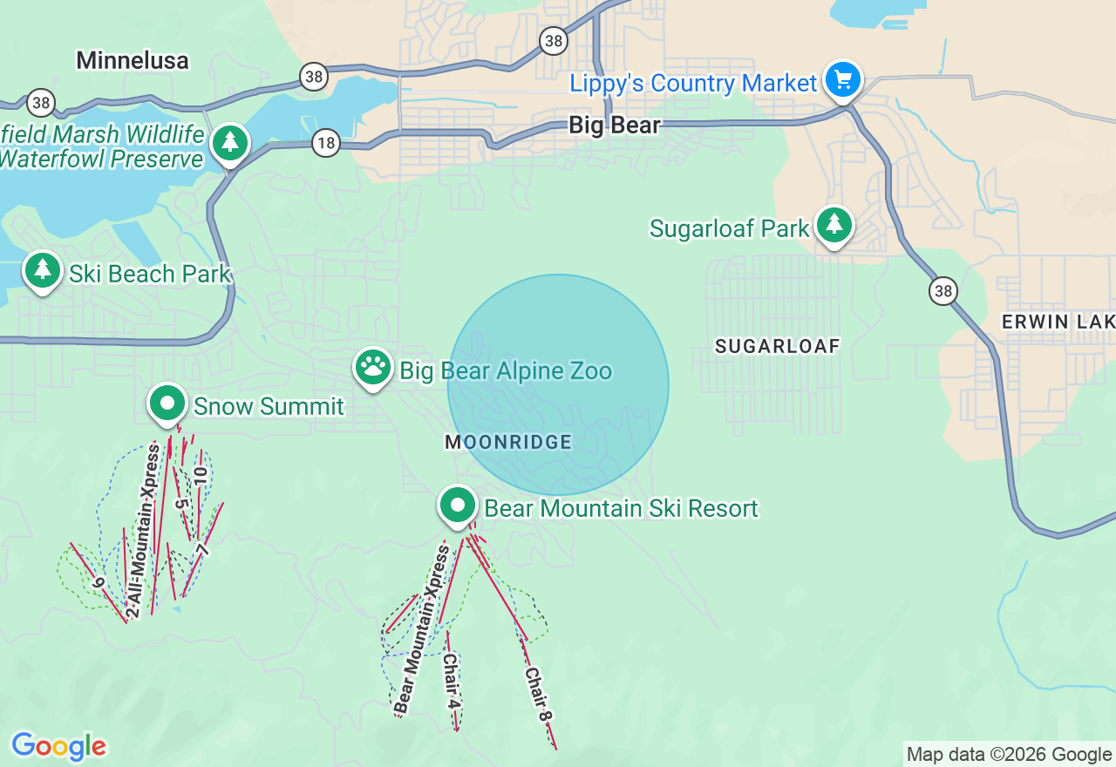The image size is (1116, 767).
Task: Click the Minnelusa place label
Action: tap(133, 60)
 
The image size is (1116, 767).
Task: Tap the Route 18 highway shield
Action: tap(325, 144)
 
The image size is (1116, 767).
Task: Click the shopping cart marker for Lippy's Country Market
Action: tap(842, 80)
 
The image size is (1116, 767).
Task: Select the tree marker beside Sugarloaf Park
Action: tap(834, 225)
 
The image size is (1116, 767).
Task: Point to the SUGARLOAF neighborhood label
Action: tap(777, 346)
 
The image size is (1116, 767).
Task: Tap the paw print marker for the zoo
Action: tap(373, 368)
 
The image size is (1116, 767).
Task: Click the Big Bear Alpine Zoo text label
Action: tap(506, 371)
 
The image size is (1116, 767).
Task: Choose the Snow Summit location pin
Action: tap(167, 404)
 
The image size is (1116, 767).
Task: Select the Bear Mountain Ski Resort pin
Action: tap(458, 506)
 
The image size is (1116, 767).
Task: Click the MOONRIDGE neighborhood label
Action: tap(508, 442)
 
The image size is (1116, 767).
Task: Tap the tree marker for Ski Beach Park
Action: tap(42, 270)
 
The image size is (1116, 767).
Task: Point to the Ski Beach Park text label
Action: tap(150, 274)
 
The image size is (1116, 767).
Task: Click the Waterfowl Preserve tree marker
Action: tap(229, 142)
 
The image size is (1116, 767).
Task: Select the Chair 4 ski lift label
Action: tap(451, 681)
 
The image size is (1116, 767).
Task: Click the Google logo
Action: tap(58, 746)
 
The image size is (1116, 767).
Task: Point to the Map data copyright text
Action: tap(1009, 755)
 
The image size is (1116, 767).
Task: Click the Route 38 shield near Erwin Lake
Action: tap(942, 290)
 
